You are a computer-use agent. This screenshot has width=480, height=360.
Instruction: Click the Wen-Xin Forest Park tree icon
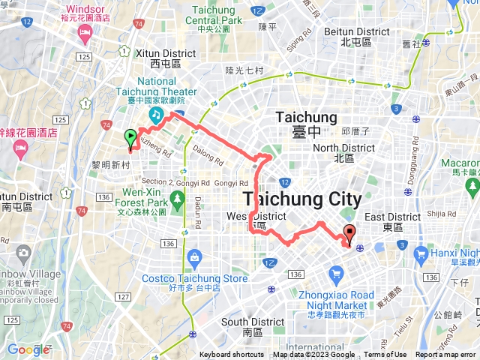tap(178, 199)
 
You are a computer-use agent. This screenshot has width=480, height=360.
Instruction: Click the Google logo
tap(28, 349)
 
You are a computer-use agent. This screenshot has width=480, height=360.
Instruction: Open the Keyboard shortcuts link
tap(232, 355)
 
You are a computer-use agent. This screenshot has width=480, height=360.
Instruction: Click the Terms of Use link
tap(385, 355)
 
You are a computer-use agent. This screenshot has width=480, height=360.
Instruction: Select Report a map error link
tap(446, 355)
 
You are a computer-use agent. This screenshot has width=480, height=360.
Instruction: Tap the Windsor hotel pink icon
tap(85, 33)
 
